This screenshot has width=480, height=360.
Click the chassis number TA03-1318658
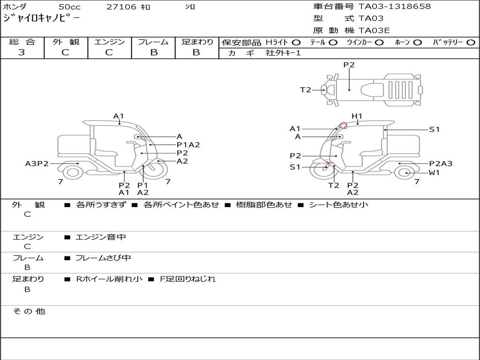(x=394, y=7)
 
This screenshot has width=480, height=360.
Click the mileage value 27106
(x=122, y=7)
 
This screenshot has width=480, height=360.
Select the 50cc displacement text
(x=69, y=7)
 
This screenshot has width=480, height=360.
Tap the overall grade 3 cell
(x=22, y=52)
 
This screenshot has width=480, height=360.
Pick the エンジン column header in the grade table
(x=109, y=42)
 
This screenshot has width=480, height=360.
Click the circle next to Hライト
(x=296, y=42)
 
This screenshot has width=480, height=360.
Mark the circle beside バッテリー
(x=471, y=42)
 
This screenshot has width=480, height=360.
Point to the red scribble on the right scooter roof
(x=343, y=125)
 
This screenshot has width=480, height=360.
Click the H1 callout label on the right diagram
(x=357, y=116)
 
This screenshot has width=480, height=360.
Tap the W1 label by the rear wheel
(x=435, y=173)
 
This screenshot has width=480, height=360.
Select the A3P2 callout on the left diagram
(x=37, y=164)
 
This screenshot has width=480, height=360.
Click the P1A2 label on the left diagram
(x=188, y=145)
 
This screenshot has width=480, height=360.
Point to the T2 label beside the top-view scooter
(x=306, y=90)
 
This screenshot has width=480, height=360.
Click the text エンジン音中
(x=101, y=237)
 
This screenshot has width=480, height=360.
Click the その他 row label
(x=29, y=311)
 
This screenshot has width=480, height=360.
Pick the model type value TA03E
(x=375, y=30)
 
